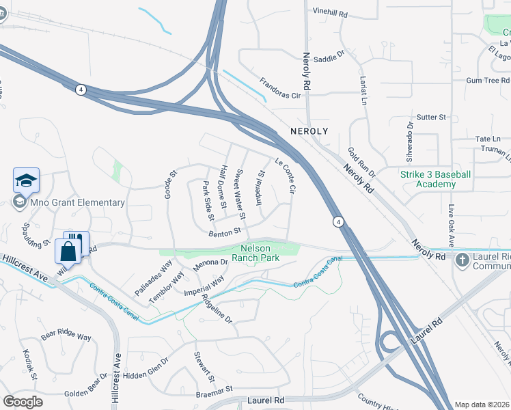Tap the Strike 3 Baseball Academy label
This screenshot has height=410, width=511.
pyautogui.click(x=435, y=179)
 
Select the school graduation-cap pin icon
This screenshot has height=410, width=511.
pyautogui.click(x=27, y=180)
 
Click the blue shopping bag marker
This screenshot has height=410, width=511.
pyautogui.click(x=68, y=252)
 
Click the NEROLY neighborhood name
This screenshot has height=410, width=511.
pyautogui.click(x=309, y=131)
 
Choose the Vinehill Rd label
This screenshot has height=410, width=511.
pyautogui.click(x=330, y=12)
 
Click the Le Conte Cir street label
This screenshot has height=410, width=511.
pyautogui.click(x=286, y=175)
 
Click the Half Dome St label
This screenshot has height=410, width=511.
pyautogui.click(x=222, y=182)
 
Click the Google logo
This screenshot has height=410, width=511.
pyautogui.click(x=23, y=402)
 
